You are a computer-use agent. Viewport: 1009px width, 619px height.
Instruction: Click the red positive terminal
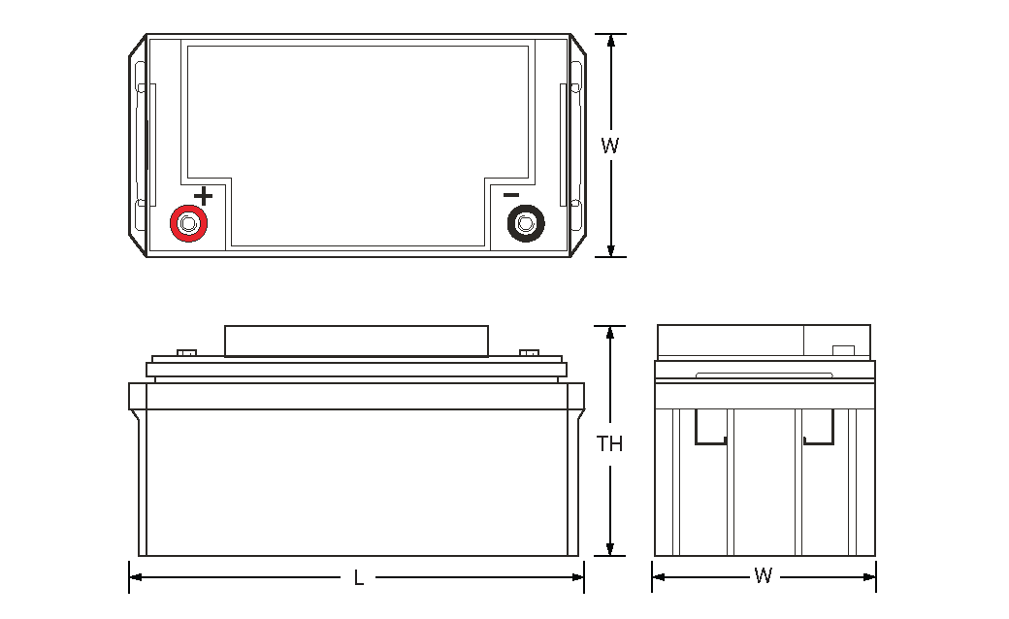click(x=188, y=224)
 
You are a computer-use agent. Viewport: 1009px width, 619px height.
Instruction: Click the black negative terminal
click(x=526, y=224)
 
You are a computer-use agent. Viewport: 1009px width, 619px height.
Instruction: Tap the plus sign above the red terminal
click(x=203, y=196)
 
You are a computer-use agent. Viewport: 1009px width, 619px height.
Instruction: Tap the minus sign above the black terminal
click(x=511, y=195)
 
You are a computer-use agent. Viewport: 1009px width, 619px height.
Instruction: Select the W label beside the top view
click(x=609, y=147)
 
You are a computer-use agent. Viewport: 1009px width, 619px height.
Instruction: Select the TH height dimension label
click(x=609, y=444)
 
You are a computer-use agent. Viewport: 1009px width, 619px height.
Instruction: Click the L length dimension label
click(x=358, y=578)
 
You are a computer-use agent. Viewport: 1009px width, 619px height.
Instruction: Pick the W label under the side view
click(x=764, y=576)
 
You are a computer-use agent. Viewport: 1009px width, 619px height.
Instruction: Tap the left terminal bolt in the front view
click(x=186, y=352)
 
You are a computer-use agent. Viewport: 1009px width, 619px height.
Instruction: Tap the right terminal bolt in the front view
click(x=529, y=352)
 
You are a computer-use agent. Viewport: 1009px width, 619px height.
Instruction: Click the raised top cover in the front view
click(x=356, y=342)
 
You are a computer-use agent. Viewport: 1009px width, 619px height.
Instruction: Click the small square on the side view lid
click(x=843, y=350)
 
